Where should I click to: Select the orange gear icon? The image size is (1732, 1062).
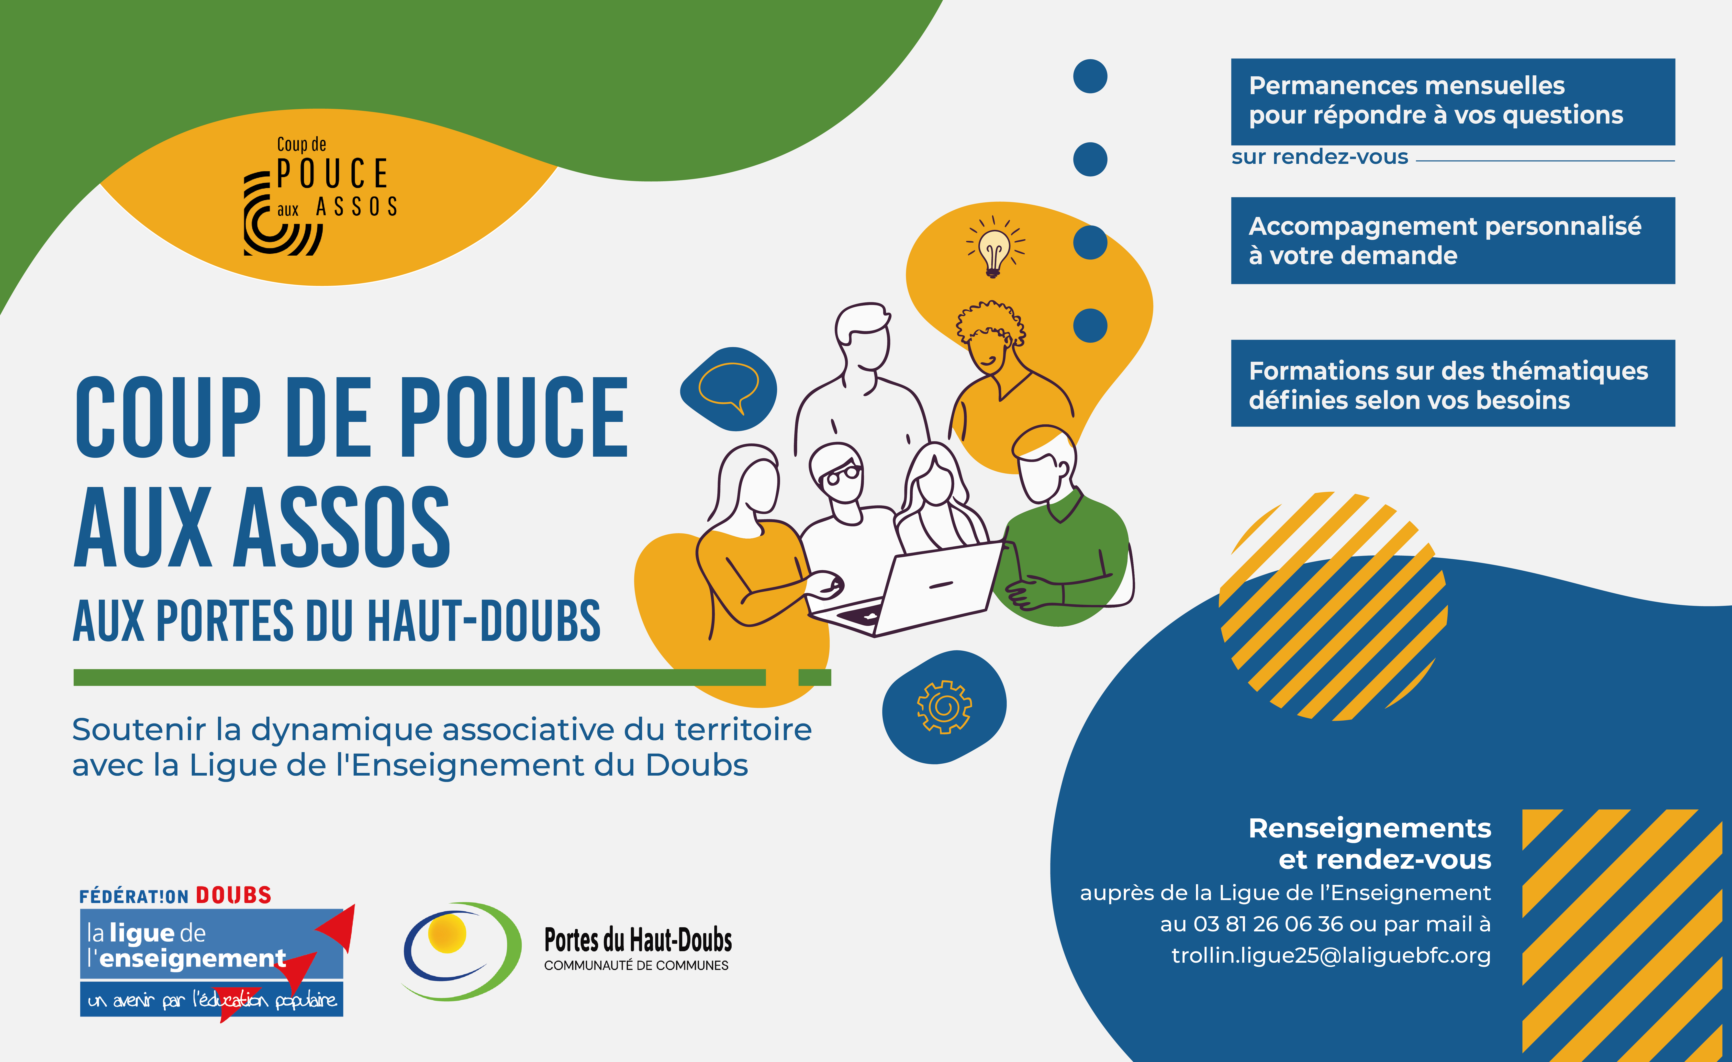(944, 707)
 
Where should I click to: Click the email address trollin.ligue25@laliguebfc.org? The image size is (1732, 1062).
(1331, 955)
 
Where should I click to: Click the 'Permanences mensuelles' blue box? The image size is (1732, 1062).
(1453, 102)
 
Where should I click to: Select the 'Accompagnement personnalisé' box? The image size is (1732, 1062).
(1453, 240)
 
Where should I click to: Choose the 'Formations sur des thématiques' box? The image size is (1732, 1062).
(1453, 383)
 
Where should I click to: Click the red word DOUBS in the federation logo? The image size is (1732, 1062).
(233, 895)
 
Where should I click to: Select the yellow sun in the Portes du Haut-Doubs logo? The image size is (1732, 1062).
(447, 933)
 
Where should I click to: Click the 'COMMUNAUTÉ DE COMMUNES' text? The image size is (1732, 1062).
(636, 966)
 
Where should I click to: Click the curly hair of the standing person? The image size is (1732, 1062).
(990, 321)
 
